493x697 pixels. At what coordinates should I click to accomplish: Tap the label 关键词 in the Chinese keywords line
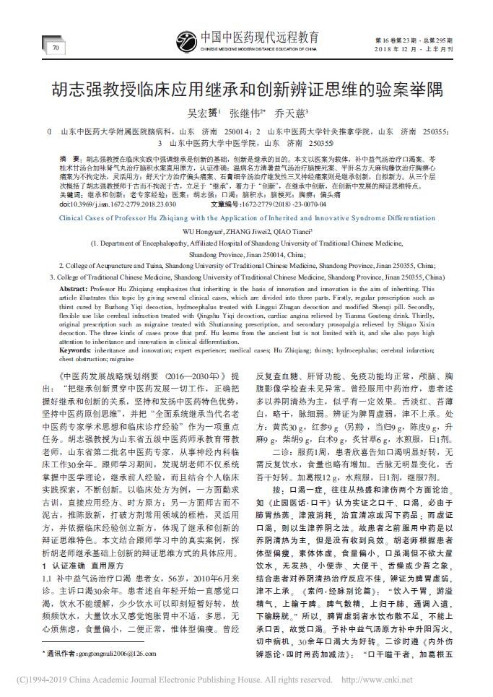(x=71, y=195)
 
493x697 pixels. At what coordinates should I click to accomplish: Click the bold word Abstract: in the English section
(x=75, y=287)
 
